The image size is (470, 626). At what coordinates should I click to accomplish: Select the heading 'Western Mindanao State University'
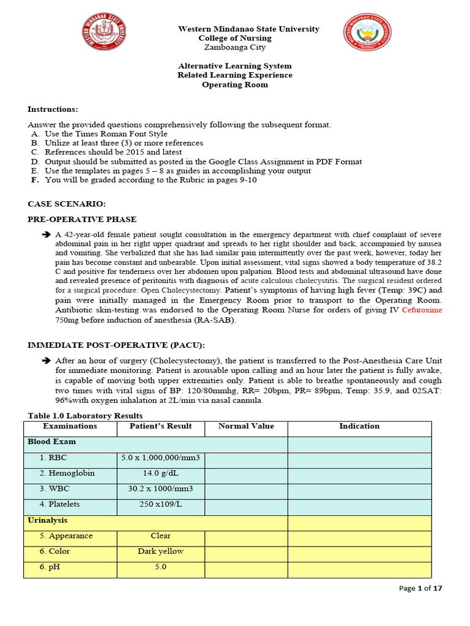click(x=248, y=29)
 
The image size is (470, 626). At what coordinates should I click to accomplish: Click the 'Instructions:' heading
click(x=53, y=109)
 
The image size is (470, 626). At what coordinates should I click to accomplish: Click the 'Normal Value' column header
click(x=246, y=426)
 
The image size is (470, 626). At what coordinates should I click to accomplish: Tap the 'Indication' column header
click(x=359, y=426)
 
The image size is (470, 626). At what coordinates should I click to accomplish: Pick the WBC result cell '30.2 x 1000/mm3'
click(x=161, y=488)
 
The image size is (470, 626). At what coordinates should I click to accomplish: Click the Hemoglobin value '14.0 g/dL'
click(x=161, y=473)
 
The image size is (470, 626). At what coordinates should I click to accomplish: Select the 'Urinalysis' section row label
click(x=48, y=520)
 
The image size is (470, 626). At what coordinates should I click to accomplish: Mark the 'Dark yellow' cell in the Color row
click(x=161, y=551)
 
